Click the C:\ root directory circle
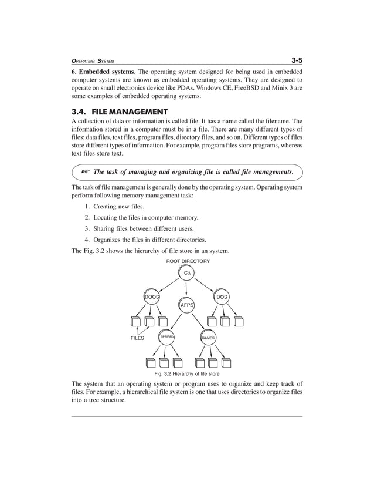coord(186,273)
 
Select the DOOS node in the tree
coord(153,297)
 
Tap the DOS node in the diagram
coord(222,297)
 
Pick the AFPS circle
coord(186,305)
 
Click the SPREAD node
coord(167,338)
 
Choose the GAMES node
coord(208,338)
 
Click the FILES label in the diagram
coord(137,339)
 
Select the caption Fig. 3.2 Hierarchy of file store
coord(186,373)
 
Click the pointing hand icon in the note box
coord(84,172)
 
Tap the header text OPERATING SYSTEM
coord(93,61)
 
